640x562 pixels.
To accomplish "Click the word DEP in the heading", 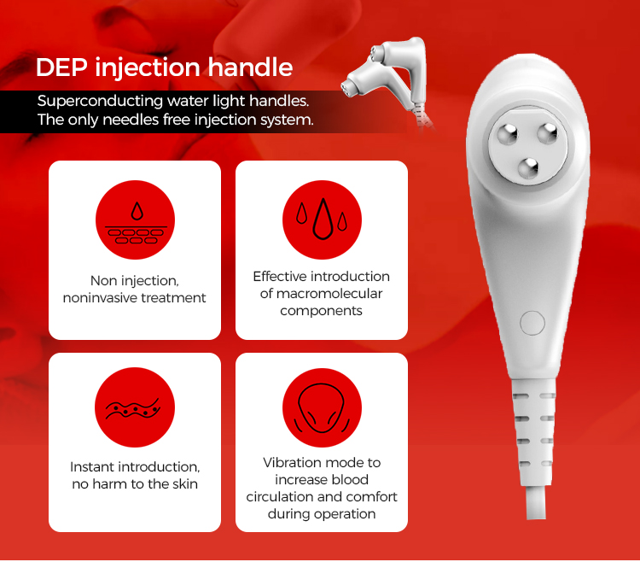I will (x=61, y=67).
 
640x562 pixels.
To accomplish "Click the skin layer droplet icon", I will (x=135, y=220).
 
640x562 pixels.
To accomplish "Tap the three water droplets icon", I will (x=322, y=220).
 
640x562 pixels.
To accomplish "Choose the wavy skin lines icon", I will (x=135, y=407).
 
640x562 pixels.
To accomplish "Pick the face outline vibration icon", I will (x=322, y=407).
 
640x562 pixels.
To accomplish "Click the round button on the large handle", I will (x=532, y=323).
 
